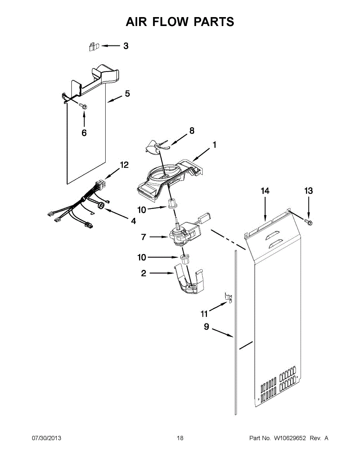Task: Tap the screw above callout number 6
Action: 83,106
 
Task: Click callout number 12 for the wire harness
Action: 124,165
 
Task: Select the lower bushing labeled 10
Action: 184,259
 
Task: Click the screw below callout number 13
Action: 310,222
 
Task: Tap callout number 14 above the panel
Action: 265,191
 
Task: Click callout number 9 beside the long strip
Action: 207,327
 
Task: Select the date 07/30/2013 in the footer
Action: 46,438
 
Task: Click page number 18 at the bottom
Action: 180,438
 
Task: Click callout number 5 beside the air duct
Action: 127,94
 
